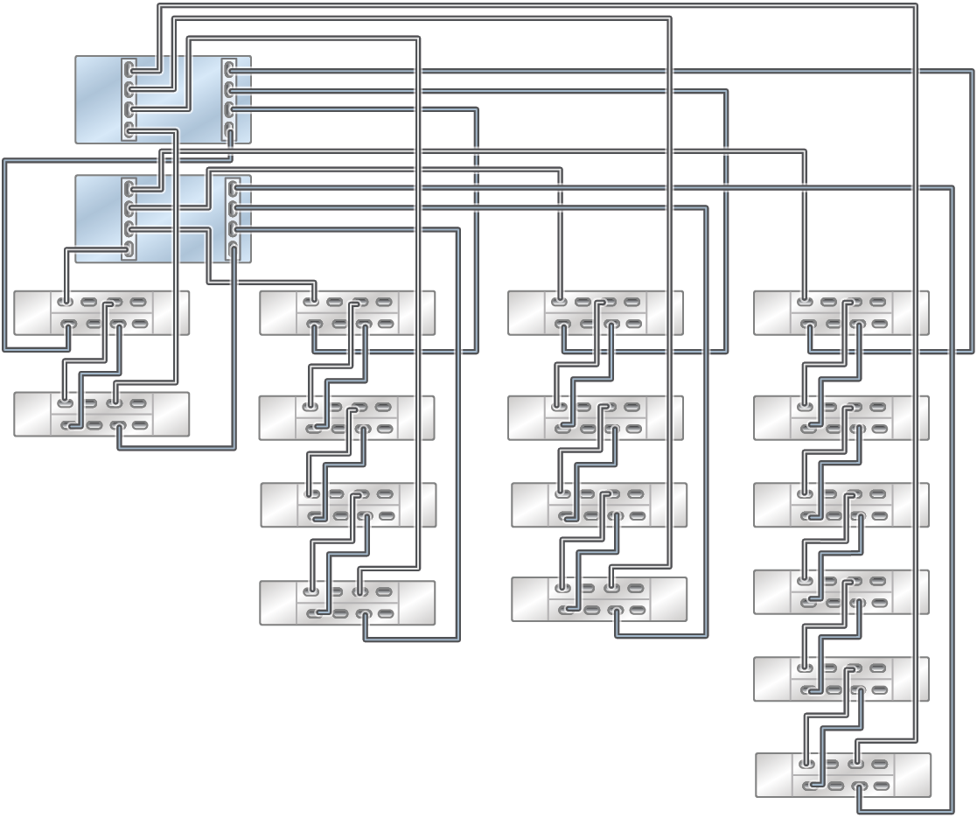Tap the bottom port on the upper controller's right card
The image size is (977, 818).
pos(229,130)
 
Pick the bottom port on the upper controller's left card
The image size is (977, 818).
pos(129,130)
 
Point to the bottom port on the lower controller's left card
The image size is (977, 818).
pos(129,248)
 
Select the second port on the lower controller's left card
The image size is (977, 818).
pos(129,208)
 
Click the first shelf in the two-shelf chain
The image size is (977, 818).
pos(101,313)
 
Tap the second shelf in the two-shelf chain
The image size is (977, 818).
pos(101,414)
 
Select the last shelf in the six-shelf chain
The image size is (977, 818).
pos(842,774)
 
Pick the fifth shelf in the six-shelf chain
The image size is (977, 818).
pos(841,679)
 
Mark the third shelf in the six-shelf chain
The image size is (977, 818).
pos(841,505)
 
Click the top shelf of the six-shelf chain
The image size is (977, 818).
pos(841,313)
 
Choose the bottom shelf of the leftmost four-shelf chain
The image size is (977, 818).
pos(347,603)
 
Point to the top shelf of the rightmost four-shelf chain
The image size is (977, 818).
pos(595,313)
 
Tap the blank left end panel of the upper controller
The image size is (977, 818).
pos(97,100)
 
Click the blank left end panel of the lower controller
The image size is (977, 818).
pos(97,219)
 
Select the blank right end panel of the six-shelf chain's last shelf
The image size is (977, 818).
pos(912,774)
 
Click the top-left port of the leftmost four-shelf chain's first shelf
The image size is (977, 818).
pos(311,304)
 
